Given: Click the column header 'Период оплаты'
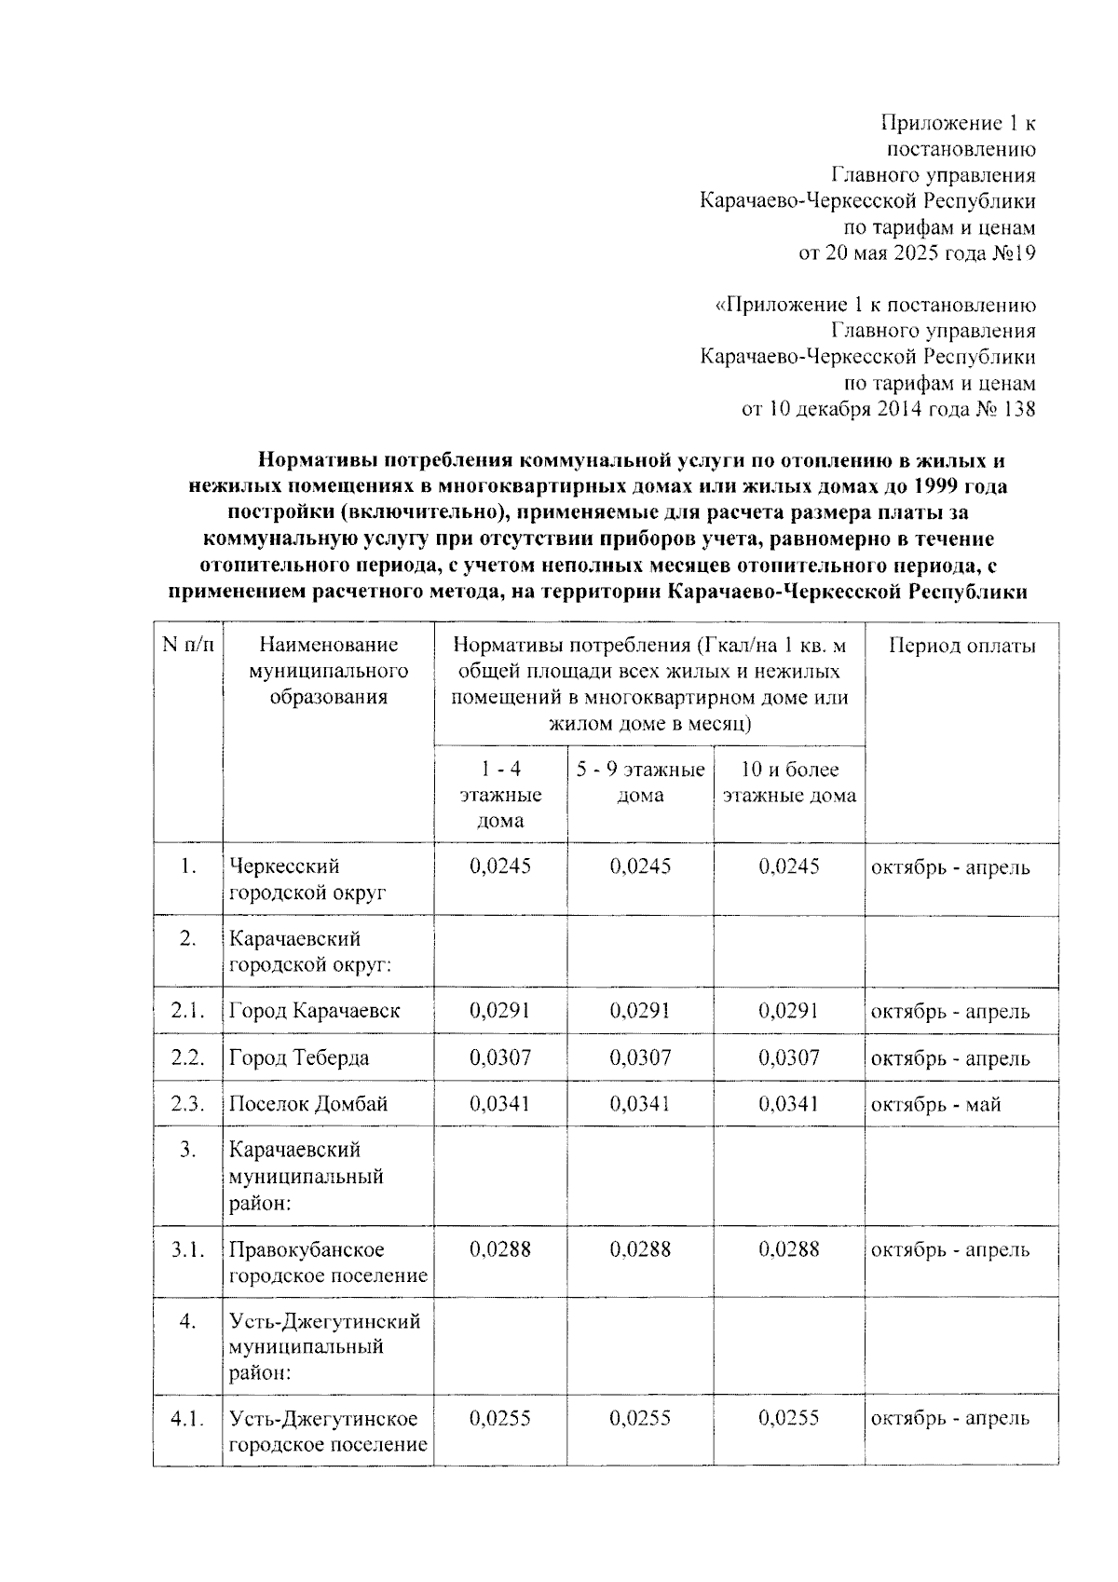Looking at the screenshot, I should click(x=961, y=646).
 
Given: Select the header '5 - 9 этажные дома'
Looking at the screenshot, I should click(x=641, y=783).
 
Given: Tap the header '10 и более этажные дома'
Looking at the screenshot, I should click(x=789, y=783).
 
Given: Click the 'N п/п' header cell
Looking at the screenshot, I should click(x=188, y=645).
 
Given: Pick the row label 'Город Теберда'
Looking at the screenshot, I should click(x=299, y=1058).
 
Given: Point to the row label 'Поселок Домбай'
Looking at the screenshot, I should click(x=308, y=1104).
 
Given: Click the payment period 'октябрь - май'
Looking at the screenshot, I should click(x=935, y=1105).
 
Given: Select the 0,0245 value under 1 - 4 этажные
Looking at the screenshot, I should click(x=500, y=866).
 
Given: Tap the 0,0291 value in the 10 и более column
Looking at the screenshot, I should click(x=788, y=1011).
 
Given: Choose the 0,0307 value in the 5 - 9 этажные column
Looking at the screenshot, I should click(x=640, y=1058).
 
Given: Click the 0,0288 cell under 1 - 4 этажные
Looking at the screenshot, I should click(x=500, y=1249).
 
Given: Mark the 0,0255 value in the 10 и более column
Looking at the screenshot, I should click(x=788, y=1418).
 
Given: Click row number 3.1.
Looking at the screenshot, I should click(x=187, y=1249).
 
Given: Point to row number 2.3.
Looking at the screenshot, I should click(x=187, y=1104).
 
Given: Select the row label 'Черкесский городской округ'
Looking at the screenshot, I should click(x=307, y=880).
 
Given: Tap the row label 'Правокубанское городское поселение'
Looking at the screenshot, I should click(x=328, y=1262).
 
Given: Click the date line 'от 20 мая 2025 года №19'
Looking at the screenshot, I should click(x=917, y=252).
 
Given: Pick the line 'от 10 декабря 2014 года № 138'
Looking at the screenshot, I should click(x=887, y=409).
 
